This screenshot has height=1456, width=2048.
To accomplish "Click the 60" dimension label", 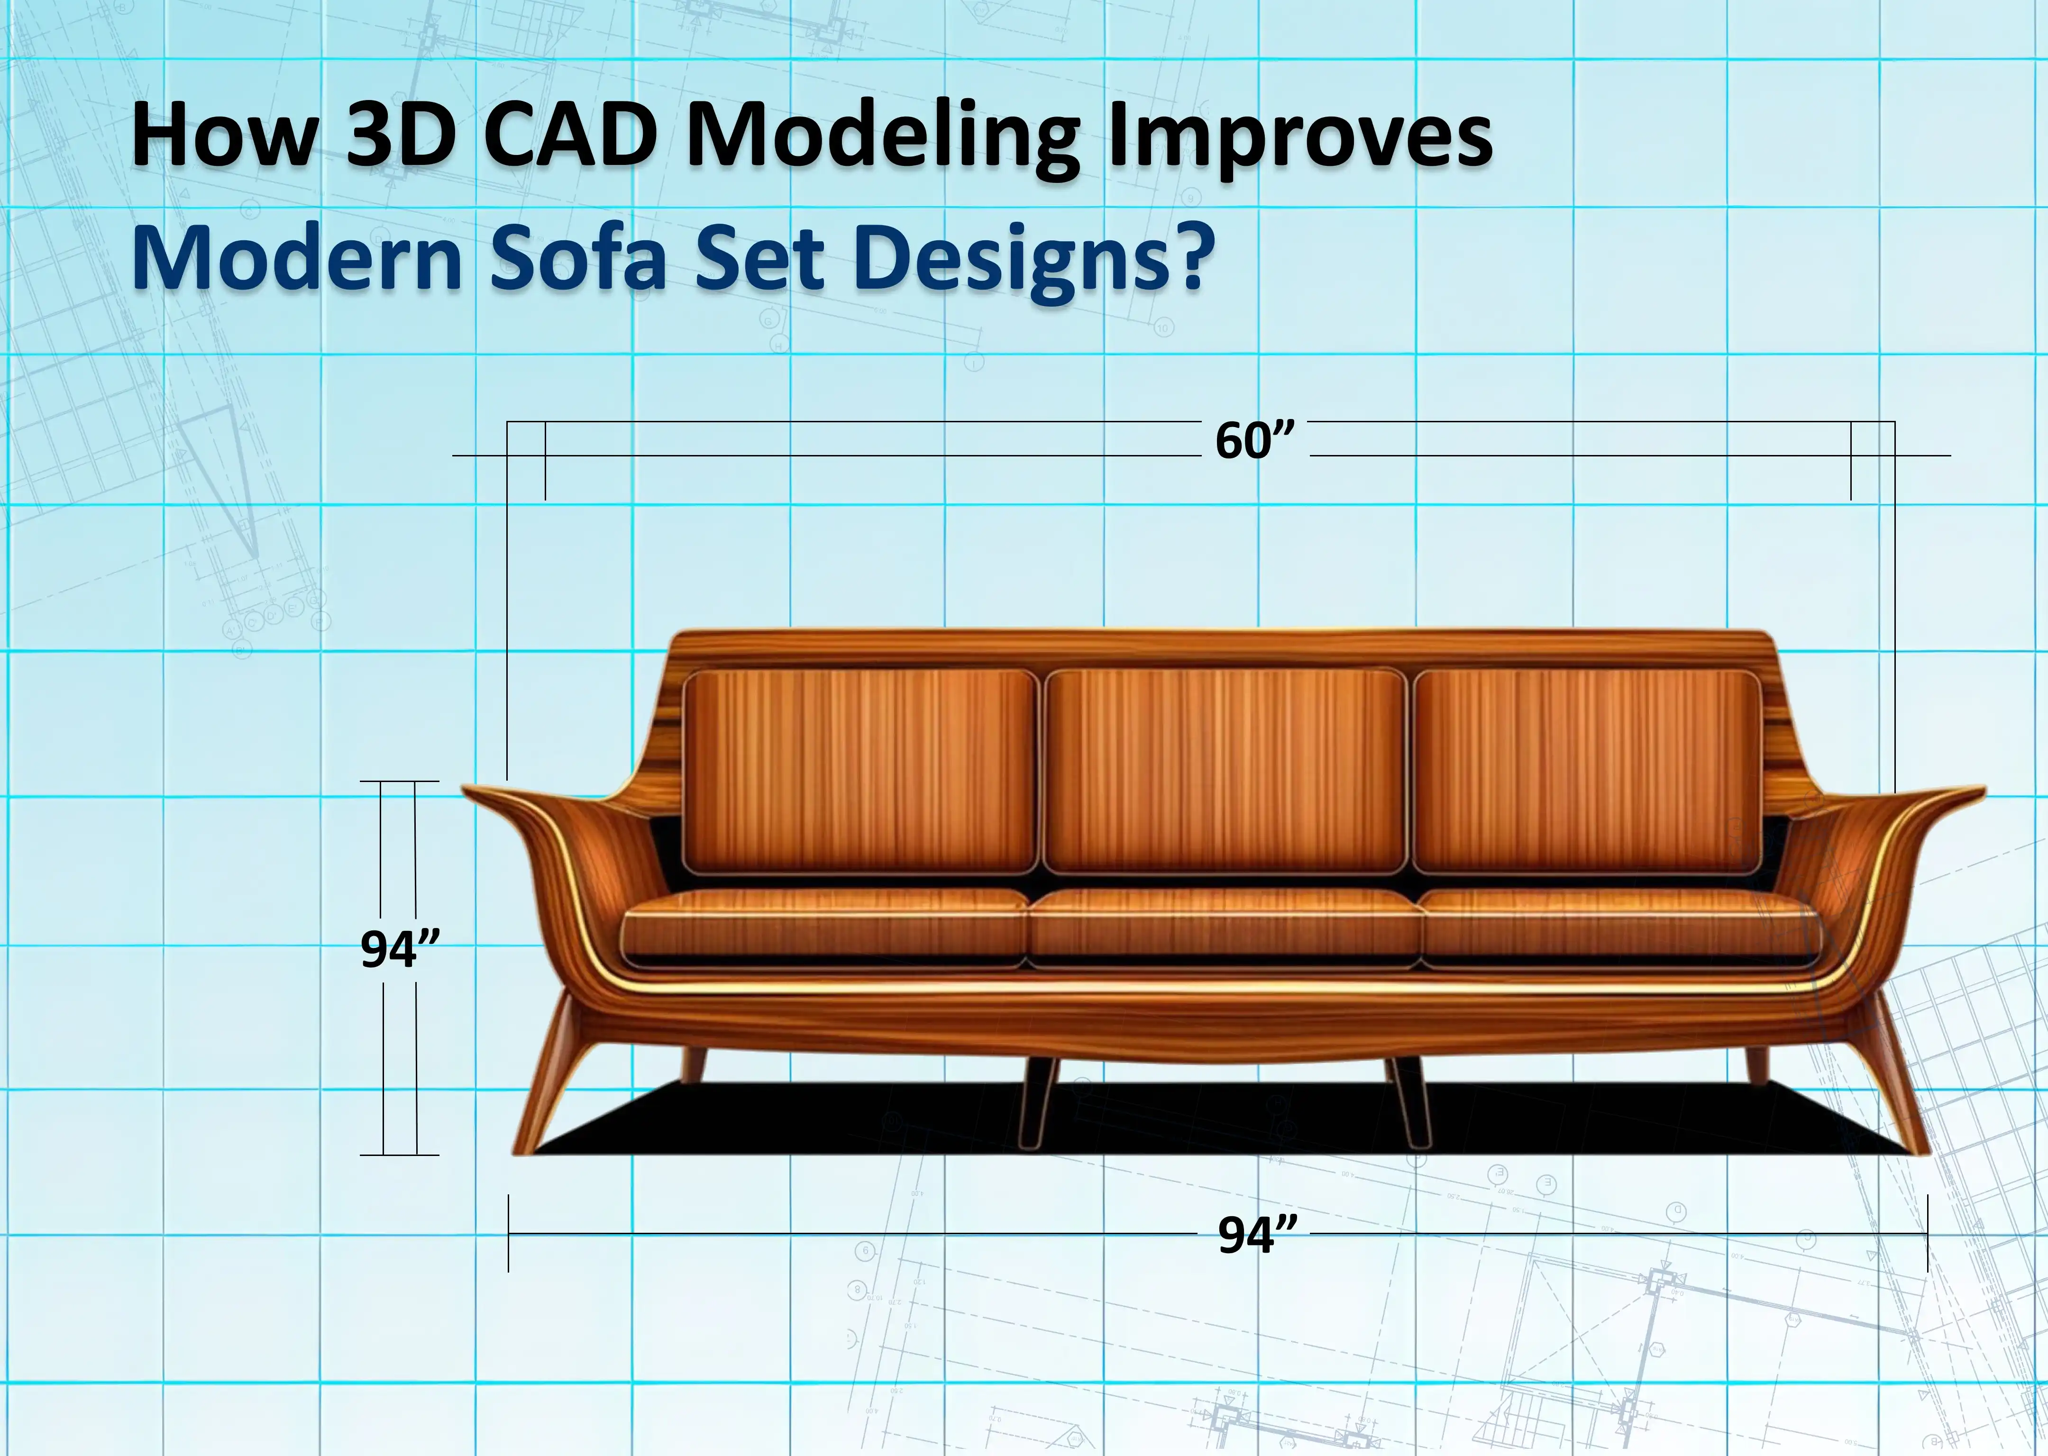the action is point(1255,440).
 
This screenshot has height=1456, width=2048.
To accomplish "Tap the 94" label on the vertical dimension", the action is point(400,948).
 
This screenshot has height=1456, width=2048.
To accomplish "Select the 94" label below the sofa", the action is point(1257,1235).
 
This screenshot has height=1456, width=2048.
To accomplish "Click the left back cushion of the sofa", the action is point(859,771).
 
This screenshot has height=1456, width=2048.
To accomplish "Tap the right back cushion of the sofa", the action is point(1587,771).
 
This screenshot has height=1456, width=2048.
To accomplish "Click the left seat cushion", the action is point(825,928).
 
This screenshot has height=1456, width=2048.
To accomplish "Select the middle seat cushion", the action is point(1225,928).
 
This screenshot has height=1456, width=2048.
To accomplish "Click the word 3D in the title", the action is point(400,135).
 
